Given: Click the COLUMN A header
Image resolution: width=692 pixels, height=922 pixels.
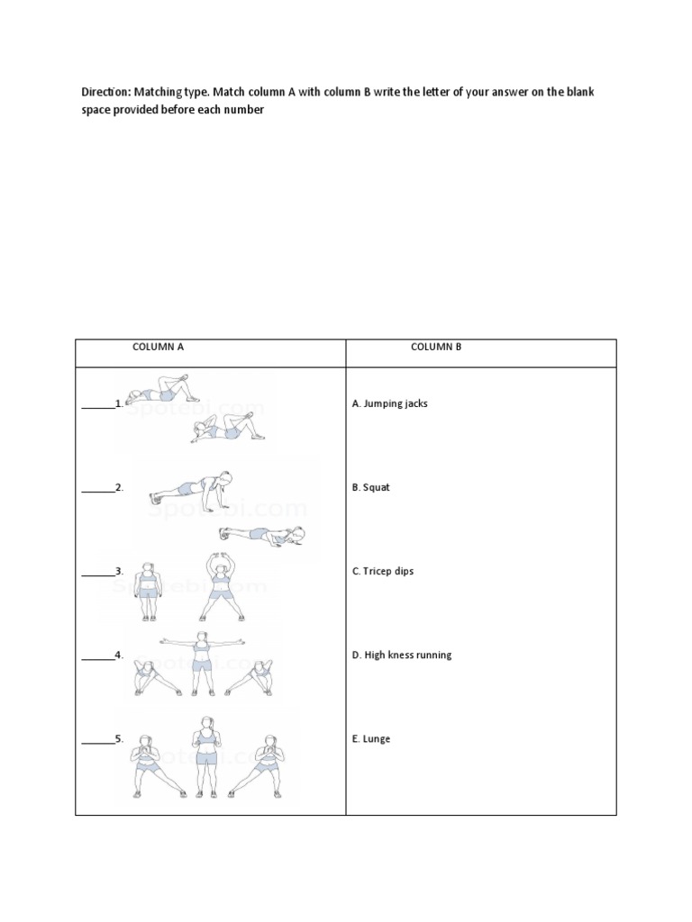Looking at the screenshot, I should pos(159,346).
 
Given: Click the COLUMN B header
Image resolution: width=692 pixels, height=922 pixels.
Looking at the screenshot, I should pos(436,346).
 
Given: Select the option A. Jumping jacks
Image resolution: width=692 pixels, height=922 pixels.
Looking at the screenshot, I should pos(389,403).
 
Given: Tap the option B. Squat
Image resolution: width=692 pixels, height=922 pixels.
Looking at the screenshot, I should pos(370,487).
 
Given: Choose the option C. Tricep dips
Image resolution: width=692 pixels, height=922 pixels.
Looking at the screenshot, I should pos(383,571).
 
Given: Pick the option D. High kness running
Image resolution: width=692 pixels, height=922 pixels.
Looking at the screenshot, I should pos(401,655).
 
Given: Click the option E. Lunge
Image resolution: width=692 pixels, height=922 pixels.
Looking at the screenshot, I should pos(371,738).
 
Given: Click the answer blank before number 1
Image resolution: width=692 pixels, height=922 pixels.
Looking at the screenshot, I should pos(97,405).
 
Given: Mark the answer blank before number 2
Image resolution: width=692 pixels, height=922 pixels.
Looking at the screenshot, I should pos(97,489).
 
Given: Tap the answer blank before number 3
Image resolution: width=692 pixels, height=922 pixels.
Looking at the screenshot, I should pos(97,573).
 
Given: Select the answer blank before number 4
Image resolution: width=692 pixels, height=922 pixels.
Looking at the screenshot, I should pos(97,656).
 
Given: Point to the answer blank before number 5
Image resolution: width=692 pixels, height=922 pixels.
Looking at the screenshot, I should pos(97,740).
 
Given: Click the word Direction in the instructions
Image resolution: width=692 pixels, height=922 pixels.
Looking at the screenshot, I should pos(105,92).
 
